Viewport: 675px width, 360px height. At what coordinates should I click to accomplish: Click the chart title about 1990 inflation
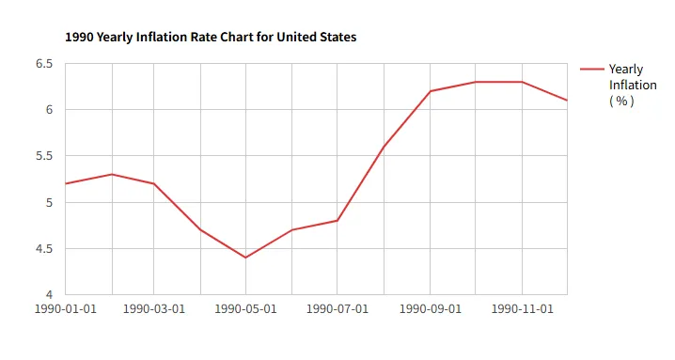211,38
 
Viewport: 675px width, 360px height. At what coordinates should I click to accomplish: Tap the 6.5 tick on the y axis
44,64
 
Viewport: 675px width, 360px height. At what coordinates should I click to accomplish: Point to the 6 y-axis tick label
49,110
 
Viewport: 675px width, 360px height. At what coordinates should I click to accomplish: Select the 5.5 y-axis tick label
44,156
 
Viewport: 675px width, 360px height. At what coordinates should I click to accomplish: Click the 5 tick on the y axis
49,202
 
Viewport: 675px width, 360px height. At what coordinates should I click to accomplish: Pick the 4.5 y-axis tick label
44,249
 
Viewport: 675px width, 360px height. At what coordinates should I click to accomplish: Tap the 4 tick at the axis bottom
49,294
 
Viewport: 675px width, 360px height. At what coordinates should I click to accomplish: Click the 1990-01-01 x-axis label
66,308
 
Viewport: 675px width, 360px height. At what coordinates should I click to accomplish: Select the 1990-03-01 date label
153,308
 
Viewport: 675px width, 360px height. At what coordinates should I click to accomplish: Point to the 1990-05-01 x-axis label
245,308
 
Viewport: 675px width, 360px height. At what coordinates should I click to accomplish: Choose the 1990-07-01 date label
337,308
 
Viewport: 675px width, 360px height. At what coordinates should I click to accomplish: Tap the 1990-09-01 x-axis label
430,308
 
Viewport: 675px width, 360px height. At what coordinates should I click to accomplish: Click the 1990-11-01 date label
522,308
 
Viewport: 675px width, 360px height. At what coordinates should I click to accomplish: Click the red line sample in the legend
592,69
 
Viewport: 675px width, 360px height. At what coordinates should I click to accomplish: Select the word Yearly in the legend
626,70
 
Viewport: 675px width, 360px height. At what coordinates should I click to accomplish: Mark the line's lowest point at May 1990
245,258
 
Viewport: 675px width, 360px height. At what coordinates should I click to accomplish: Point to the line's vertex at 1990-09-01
430,91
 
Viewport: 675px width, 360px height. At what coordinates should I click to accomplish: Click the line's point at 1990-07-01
337,221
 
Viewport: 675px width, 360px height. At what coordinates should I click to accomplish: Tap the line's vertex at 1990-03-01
153,184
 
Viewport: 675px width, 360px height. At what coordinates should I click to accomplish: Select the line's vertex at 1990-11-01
522,82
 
